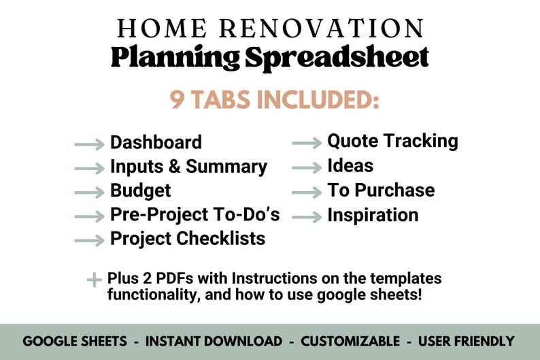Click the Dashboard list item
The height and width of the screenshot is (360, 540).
(156, 142)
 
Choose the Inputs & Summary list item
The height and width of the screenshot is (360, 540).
(188, 167)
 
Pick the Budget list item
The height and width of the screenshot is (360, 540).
(140, 191)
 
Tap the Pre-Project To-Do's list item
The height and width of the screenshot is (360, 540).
(195, 215)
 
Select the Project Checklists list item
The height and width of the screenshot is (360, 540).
(188, 239)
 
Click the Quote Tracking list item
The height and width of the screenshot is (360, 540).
(392, 141)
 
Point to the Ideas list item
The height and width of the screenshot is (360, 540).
(350, 165)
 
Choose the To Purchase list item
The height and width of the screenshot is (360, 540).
(381, 190)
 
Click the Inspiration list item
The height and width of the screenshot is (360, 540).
(373, 215)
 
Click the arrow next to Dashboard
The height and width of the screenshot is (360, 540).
(89, 144)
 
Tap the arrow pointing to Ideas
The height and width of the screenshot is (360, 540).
(307, 167)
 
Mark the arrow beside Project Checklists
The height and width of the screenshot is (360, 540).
(89, 240)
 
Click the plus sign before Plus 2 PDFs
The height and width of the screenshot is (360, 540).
(94, 280)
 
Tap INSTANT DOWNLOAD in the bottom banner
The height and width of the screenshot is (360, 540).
(214, 341)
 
